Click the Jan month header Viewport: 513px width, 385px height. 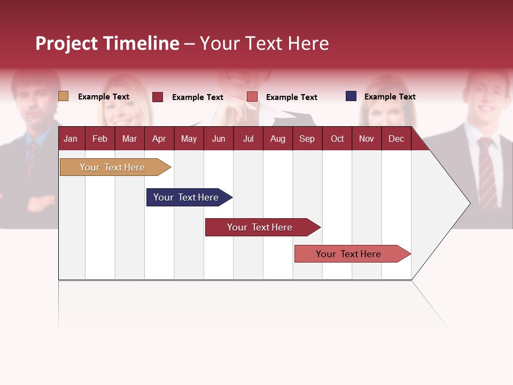pyautogui.click(x=71, y=138)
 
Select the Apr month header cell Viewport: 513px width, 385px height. pyautogui.click(x=159, y=138)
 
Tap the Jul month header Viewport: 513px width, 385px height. pyautogui.click(x=248, y=138)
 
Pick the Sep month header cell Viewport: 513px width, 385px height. pyautogui.click(x=307, y=138)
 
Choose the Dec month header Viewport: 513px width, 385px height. pyautogui.click(x=396, y=138)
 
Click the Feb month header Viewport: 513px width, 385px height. pyautogui.click(x=100, y=138)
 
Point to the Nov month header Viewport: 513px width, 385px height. pyautogui.click(x=366, y=138)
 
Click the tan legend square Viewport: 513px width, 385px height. pyautogui.click(x=63, y=96)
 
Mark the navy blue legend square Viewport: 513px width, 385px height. pyautogui.click(x=351, y=96)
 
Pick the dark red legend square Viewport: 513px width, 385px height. pyautogui.click(x=158, y=97)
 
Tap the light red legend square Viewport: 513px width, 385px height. pyautogui.click(x=252, y=97)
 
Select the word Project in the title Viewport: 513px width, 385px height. pyautogui.click(x=67, y=43)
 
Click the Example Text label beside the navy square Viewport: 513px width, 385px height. pyautogui.click(x=390, y=97)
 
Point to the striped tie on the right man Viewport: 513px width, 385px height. pyautogui.click(x=487, y=171)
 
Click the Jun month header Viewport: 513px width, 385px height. pyautogui.click(x=218, y=138)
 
